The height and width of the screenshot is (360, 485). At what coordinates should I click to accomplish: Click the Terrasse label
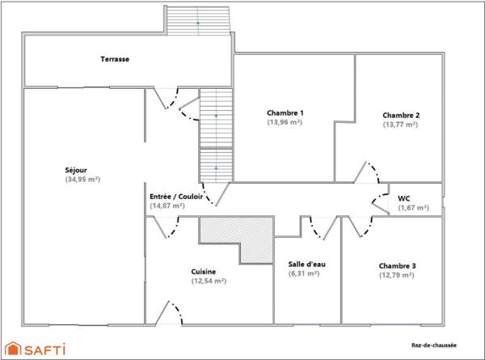116,59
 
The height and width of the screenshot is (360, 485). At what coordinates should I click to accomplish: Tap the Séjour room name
76,170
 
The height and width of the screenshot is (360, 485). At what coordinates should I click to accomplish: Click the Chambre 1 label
285,112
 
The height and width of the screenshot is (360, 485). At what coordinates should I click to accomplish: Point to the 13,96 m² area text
285,122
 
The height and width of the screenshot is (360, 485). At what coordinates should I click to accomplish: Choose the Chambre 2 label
401,115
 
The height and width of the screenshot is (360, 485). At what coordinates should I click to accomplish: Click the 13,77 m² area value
401,125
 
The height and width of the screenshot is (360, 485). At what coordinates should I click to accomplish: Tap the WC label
404,198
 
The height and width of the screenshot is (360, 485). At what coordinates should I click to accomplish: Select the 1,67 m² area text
412,208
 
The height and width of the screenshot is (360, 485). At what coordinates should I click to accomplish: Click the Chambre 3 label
397,265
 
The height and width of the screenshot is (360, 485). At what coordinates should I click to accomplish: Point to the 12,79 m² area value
397,275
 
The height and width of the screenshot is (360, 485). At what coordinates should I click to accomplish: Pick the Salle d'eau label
306,264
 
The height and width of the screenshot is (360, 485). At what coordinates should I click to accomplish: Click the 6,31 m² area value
306,273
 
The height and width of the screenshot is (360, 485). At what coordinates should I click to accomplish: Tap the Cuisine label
203,271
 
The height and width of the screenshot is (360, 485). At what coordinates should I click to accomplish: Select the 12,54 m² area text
208,281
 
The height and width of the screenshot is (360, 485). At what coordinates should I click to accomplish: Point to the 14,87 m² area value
168,205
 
